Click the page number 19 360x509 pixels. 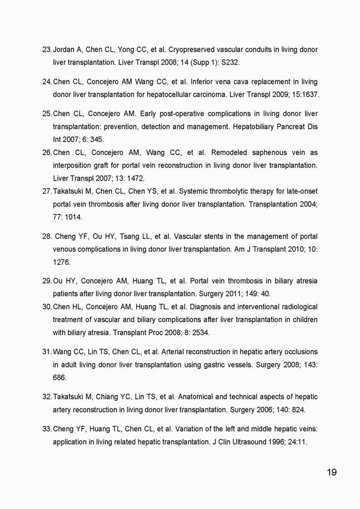(331, 472)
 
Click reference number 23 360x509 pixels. (47, 49)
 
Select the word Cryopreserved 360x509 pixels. (191, 49)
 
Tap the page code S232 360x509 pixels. (230, 62)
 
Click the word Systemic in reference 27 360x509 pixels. (192, 191)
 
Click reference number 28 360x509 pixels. (47, 237)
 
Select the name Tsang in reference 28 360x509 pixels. (129, 237)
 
